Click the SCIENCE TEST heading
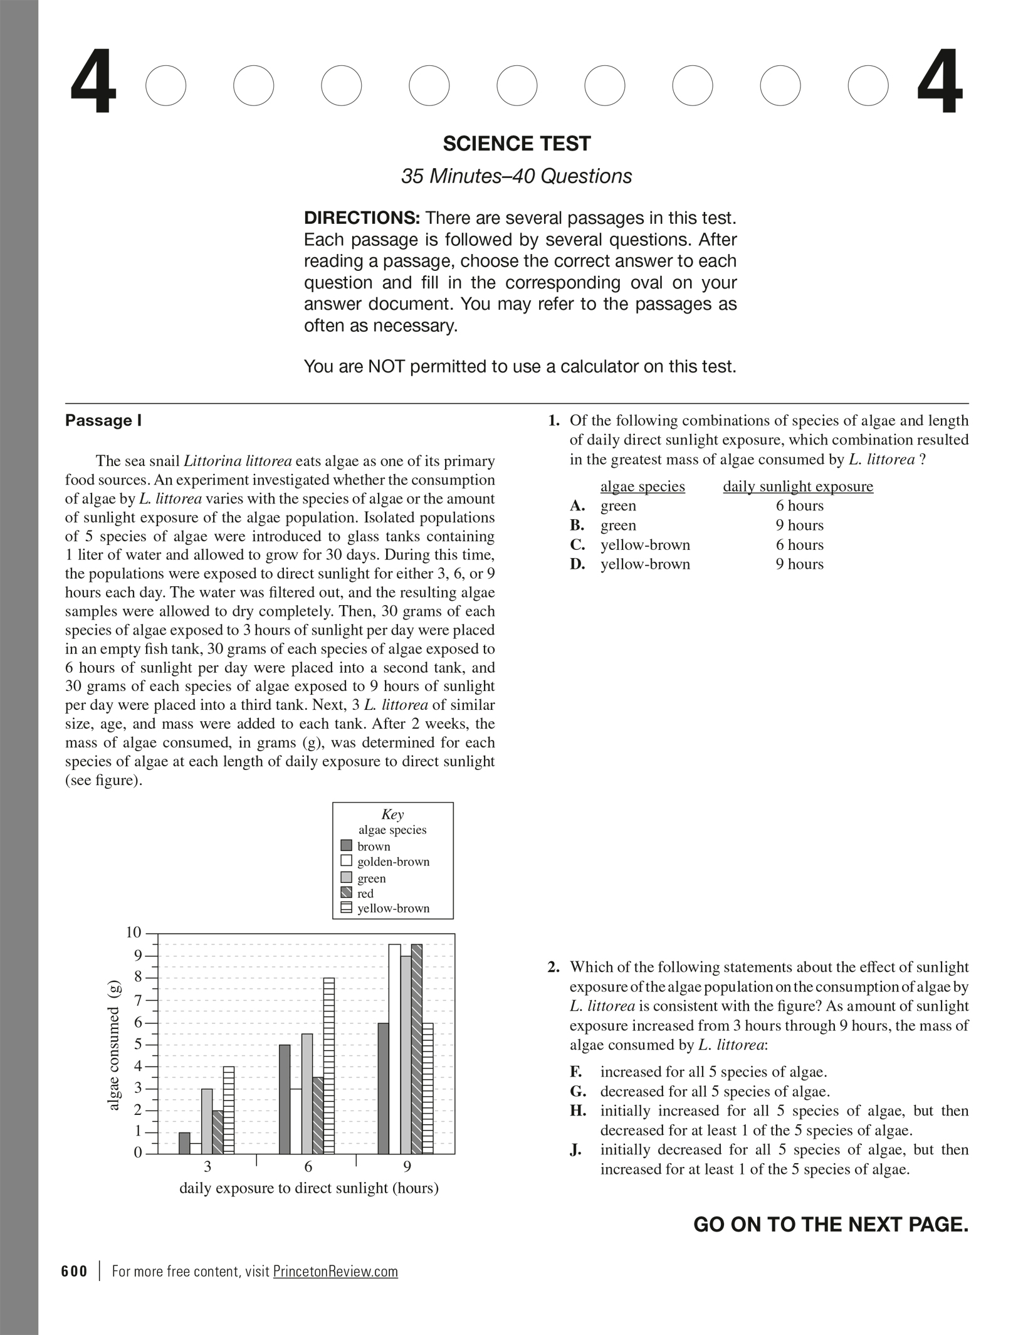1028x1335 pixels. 517,144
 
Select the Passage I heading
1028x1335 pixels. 103,420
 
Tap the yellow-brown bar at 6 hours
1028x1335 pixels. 328,1065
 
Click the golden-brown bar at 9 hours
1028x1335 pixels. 394,1048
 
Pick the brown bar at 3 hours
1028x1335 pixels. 184,1142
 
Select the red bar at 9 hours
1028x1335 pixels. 417,1048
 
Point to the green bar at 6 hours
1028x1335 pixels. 307,1094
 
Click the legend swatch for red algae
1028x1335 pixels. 346,893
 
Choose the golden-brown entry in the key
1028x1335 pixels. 393,862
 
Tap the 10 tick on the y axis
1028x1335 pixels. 134,932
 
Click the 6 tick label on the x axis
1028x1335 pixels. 308,1167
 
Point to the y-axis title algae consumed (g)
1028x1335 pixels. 113,1045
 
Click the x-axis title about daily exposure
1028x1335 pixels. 309,1188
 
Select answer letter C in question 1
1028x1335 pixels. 577,545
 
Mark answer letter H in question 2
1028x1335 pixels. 577,1111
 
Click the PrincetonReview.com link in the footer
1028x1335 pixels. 335,1271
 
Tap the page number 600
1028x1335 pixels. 75,1271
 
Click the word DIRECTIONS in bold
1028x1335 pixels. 362,218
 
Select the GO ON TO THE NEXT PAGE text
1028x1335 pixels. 831,1225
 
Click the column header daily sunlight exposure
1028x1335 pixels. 797,487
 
